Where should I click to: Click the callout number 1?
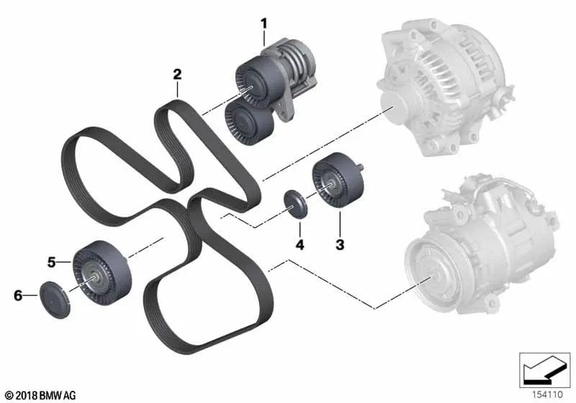point(264,24)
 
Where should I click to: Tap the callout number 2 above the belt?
point(177,74)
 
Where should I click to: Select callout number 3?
point(340,244)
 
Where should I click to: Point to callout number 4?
point(300,245)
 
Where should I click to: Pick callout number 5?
point(51,262)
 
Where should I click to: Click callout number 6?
point(18,295)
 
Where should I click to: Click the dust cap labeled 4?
point(295,204)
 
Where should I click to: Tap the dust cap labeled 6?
point(55,300)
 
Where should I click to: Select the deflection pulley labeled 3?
point(338,179)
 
